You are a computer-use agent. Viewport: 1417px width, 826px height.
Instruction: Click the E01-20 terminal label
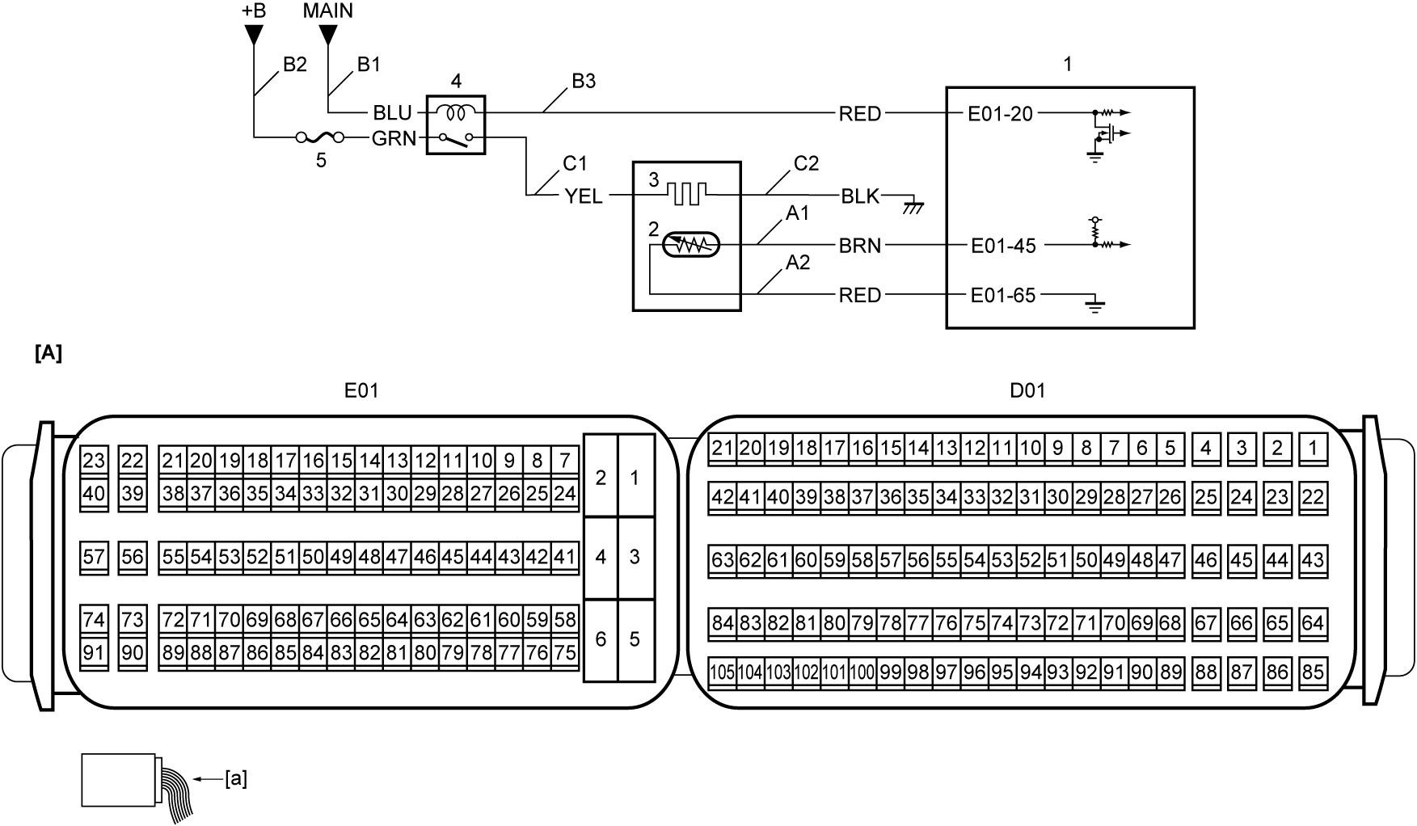pyautogui.click(x=1000, y=114)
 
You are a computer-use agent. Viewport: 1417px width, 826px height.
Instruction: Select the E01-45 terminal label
pyautogui.click(x=1003, y=246)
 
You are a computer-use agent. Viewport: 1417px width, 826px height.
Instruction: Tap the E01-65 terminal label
pyautogui.click(x=1003, y=296)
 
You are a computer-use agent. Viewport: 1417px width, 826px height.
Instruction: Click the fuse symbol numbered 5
pyautogui.click(x=321, y=138)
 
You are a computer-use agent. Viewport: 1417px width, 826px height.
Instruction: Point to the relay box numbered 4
pyautogui.click(x=455, y=124)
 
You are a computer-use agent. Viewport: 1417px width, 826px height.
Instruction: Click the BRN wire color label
pyautogui.click(x=860, y=246)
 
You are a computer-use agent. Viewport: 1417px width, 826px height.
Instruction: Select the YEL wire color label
pyautogui.click(x=584, y=196)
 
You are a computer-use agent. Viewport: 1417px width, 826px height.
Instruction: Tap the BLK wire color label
pyautogui.click(x=860, y=196)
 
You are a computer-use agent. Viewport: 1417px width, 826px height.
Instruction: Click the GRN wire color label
pyautogui.click(x=394, y=139)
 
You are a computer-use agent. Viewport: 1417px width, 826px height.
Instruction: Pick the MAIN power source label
pyautogui.click(x=327, y=11)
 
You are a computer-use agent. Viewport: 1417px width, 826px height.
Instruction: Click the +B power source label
pyautogui.click(x=253, y=11)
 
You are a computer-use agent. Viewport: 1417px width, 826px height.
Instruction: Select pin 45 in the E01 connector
pyautogui.click(x=453, y=557)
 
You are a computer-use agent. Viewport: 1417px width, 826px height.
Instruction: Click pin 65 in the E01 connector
pyautogui.click(x=369, y=621)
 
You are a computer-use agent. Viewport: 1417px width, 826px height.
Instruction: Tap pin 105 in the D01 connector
pyautogui.click(x=722, y=672)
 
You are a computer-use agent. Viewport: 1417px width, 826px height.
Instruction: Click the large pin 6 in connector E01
pyautogui.click(x=601, y=639)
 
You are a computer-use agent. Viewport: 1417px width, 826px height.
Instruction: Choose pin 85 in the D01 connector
pyautogui.click(x=1314, y=672)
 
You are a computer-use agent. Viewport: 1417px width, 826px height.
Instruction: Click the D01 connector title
pyautogui.click(x=1027, y=391)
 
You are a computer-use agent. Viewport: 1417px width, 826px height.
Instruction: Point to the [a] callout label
pyautogui.click(x=237, y=779)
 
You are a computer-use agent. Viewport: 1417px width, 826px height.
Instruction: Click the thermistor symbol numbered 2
pyautogui.click(x=690, y=243)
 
